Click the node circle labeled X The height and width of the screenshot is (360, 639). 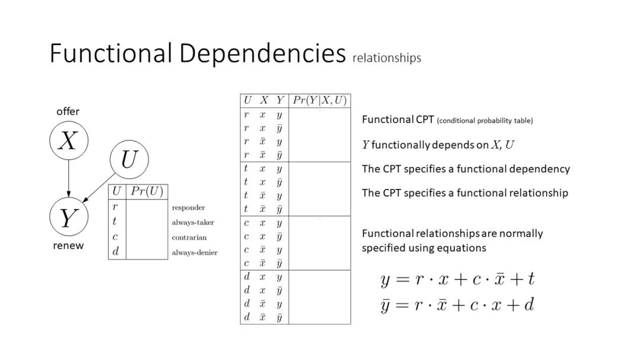[68, 141]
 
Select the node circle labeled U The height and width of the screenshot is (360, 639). [129, 160]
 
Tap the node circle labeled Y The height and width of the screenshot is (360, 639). [68, 218]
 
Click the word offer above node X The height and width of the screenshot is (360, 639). [68, 111]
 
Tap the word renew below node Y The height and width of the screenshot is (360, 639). [68, 245]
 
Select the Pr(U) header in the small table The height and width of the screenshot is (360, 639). [147, 191]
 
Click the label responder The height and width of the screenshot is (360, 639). [188, 208]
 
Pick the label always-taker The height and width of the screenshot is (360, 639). [193, 223]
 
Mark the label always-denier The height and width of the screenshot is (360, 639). [195, 253]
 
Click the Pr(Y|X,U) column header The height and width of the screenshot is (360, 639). [319, 101]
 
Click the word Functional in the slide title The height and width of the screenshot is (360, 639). [111, 53]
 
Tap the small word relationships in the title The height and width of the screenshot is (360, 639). [387, 58]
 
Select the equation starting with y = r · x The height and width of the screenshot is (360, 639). [457, 279]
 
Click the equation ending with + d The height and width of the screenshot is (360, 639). [457, 305]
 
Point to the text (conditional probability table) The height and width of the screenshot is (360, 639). [485, 121]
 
